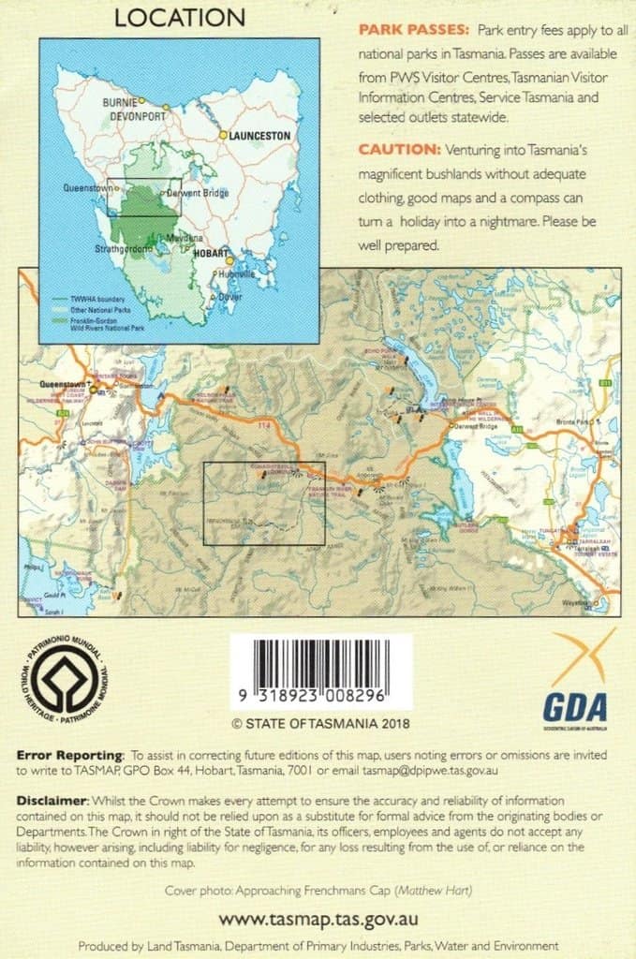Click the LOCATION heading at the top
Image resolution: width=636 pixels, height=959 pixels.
tap(180, 18)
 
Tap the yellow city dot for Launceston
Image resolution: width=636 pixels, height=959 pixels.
tap(223, 135)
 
